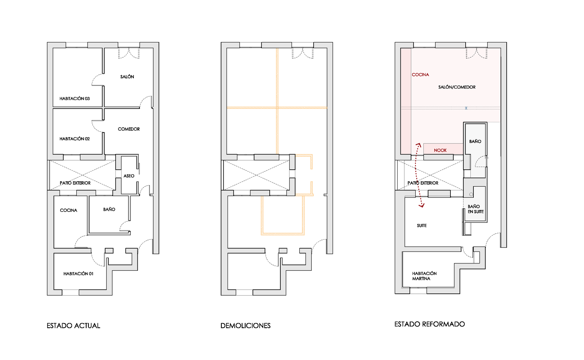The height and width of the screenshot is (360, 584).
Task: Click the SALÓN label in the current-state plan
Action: point(127,77)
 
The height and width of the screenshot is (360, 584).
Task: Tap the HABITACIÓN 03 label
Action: point(74,99)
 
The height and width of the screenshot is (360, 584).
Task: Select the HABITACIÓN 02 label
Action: point(74,139)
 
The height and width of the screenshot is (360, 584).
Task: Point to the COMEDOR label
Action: point(129,129)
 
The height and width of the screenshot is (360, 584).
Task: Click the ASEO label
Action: point(129,176)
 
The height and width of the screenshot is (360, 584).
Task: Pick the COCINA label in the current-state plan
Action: point(69,210)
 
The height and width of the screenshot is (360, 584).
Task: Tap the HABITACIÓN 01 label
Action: point(78,274)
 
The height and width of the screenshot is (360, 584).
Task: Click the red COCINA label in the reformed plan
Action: point(420,75)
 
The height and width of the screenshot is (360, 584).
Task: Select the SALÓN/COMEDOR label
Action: point(457,87)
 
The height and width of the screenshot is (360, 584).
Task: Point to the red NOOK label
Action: point(440,150)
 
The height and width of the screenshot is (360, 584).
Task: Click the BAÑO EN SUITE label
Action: point(476,209)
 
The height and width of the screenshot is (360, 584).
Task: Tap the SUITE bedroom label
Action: point(422,226)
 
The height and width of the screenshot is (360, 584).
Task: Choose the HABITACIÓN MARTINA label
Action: point(424,276)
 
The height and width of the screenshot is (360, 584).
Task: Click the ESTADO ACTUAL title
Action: point(73,326)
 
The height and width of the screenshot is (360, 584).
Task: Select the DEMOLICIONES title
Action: point(245,326)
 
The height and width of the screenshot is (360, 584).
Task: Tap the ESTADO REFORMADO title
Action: point(429,324)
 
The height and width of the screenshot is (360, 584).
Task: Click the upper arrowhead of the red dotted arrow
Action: point(418,145)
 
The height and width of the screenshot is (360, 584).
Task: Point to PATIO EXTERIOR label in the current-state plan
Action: point(75,183)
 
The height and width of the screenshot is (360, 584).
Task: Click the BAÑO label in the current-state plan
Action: point(109,209)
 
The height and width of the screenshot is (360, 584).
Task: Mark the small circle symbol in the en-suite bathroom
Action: point(471,194)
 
